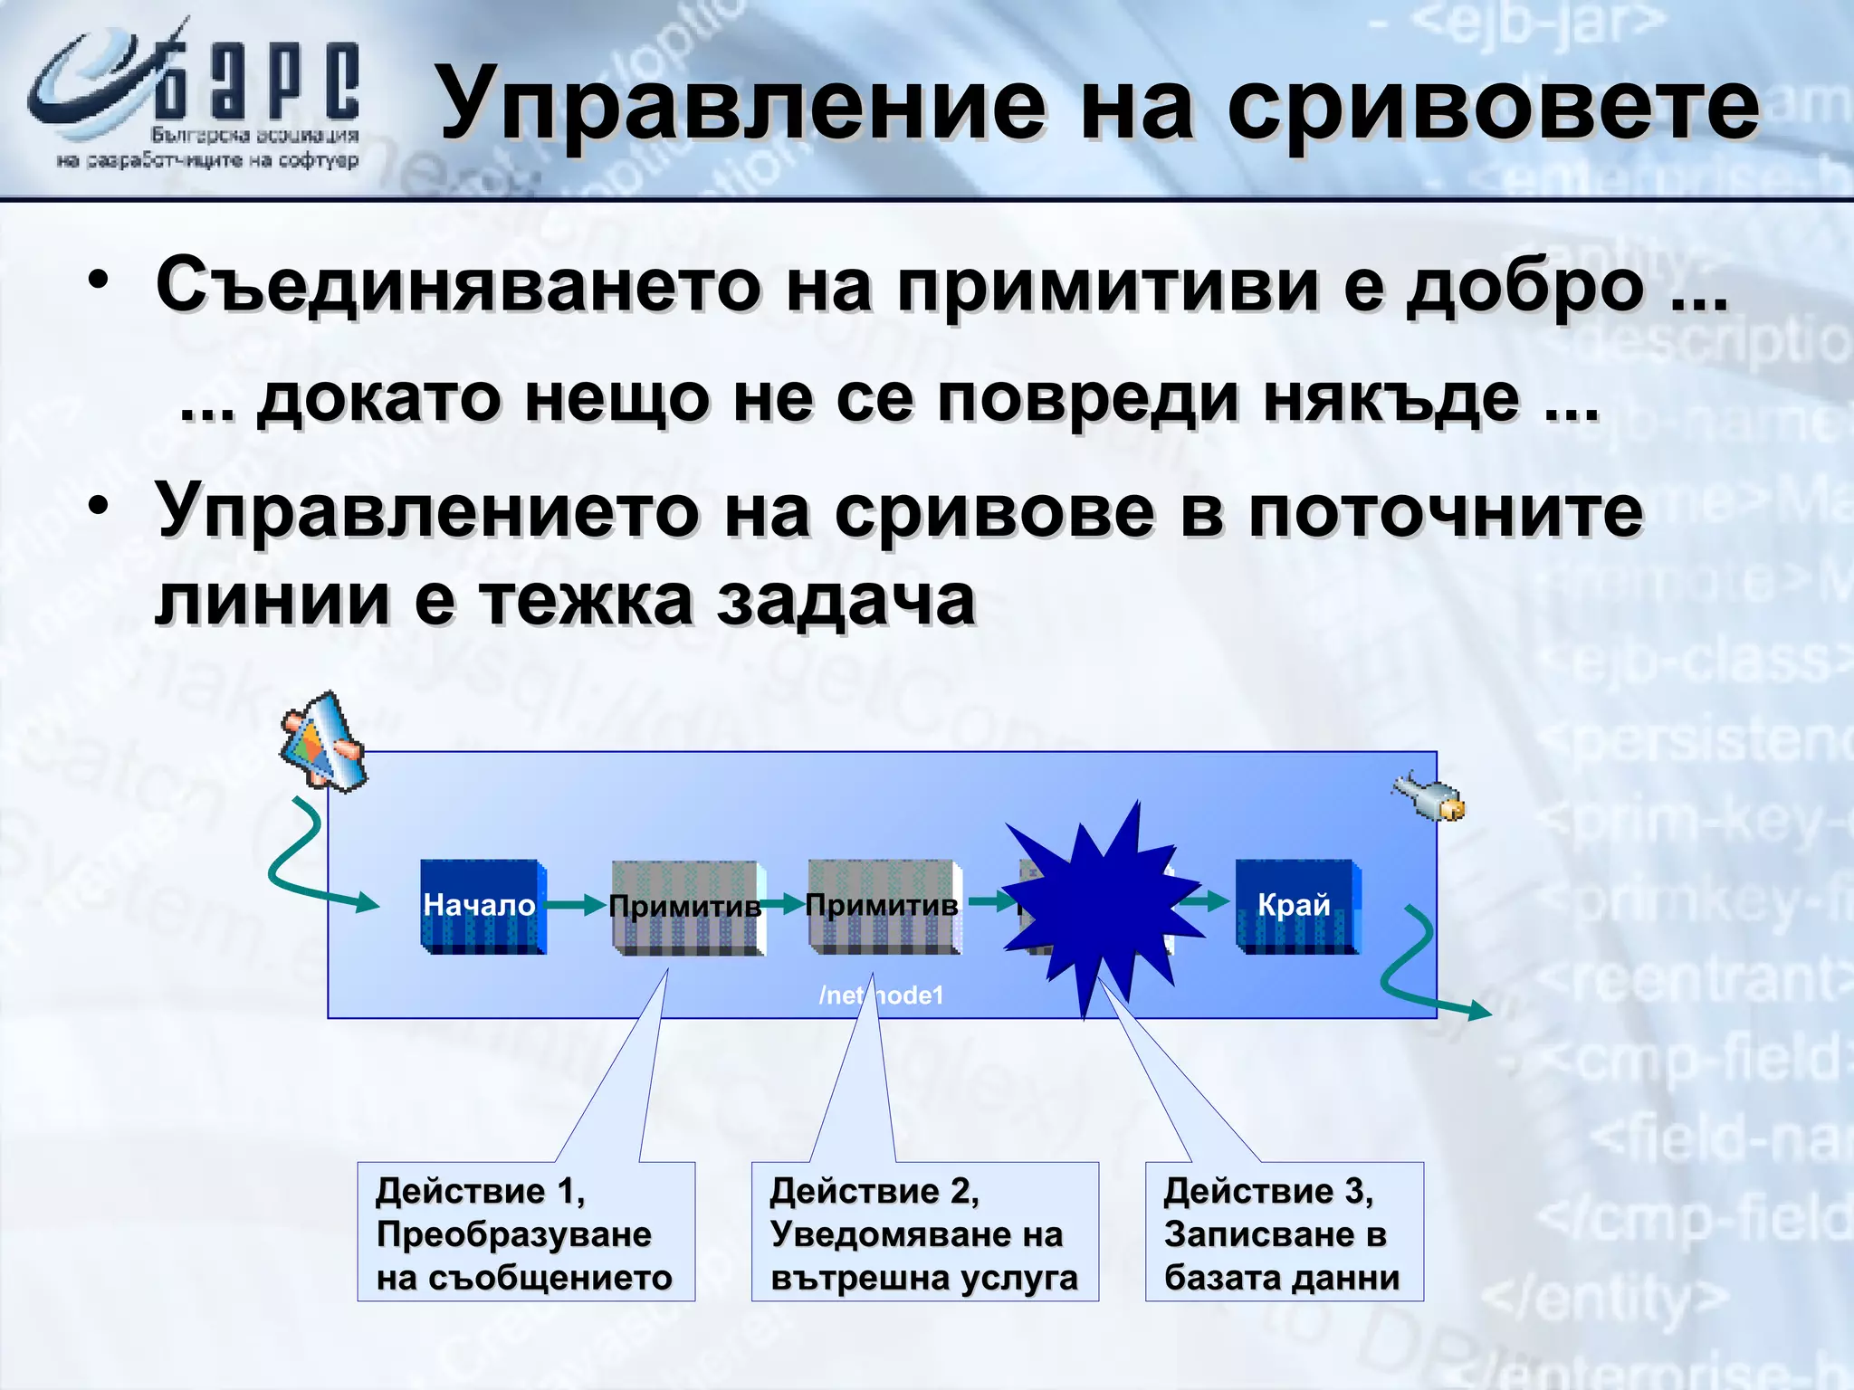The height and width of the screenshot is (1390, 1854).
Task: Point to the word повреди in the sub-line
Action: tap(1087, 398)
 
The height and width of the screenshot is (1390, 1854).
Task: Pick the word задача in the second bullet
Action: tap(846, 601)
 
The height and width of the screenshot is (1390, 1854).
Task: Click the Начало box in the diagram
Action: tap(483, 906)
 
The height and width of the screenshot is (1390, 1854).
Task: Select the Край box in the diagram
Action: tap(1296, 906)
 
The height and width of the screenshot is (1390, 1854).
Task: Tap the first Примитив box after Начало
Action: tap(687, 908)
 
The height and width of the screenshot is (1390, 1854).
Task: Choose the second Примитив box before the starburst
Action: tap(884, 906)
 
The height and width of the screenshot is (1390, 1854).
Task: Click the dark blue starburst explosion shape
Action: tap(1100, 905)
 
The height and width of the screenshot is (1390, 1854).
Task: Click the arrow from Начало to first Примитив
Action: tap(577, 904)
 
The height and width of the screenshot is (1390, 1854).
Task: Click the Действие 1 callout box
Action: tap(526, 1232)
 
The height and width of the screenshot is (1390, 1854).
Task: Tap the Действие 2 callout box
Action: tap(924, 1232)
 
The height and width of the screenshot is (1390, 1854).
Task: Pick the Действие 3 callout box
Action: tap(1284, 1232)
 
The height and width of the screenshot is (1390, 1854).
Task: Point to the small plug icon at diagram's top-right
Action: tap(1429, 796)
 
